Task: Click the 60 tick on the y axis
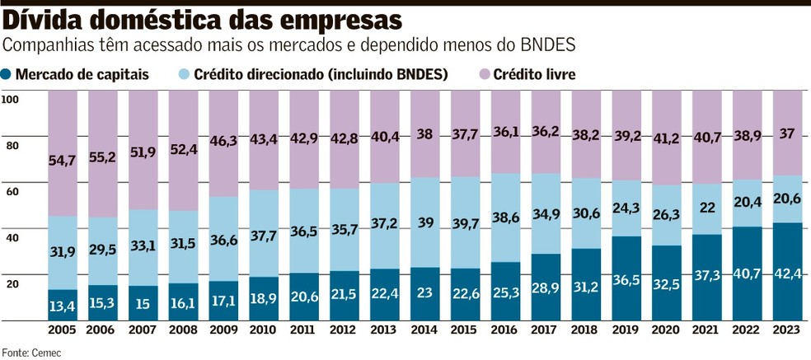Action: [x=12, y=191]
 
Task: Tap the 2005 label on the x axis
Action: [x=63, y=330]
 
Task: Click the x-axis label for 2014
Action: [x=425, y=330]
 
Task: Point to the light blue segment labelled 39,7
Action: [x=466, y=222]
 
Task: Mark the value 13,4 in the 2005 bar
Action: [x=63, y=307]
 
